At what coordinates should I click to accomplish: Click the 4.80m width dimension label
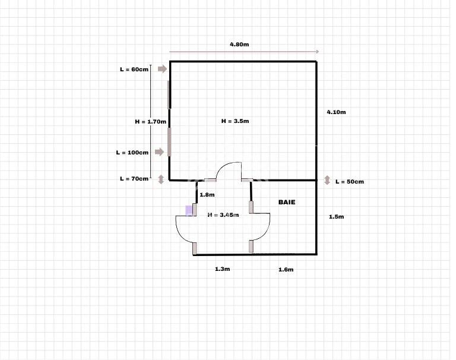coord(239,45)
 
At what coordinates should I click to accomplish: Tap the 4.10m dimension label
coord(336,112)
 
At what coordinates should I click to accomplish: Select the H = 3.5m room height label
coord(235,121)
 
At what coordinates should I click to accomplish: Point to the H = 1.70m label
coord(150,122)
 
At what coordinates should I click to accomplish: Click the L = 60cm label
coord(134,70)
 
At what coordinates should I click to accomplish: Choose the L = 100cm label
coord(132,153)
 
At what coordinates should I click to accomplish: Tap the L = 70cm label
coord(134,179)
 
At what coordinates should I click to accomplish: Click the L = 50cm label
coord(350,182)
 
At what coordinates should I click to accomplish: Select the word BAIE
coord(287,202)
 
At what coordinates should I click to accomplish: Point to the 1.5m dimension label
coord(336,217)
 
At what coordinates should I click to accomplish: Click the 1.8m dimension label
coord(207,195)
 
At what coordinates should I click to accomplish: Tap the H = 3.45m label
coord(223,215)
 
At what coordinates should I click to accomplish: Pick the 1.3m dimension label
coord(222,269)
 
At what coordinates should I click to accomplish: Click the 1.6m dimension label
coord(286,270)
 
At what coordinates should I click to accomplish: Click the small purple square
coord(189,210)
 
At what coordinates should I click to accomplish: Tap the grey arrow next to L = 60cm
coord(162,69)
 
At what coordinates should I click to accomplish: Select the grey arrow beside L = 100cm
coord(159,151)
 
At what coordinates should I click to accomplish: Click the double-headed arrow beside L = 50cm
coord(327,180)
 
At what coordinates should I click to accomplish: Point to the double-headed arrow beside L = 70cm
coord(161,179)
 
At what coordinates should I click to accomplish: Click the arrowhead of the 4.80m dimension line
coord(318,52)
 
